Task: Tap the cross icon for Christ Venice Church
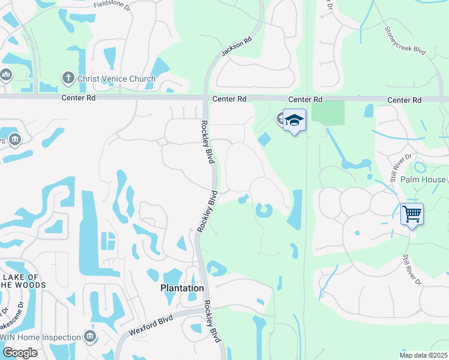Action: pyautogui.click(x=68, y=78)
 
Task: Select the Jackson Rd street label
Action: pyautogui.click(x=234, y=44)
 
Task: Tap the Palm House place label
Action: pyautogui.click(x=423, y=179)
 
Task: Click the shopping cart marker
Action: pyautogui.click(x=412, y=213)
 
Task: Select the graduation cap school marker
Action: pyautogui.click(x=294, y=119)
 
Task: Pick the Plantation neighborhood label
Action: pyautogui.click(x=182, y=288)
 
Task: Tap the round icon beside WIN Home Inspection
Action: pyautogui.click(x=91, y=336)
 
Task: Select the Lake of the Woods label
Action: pyautogui.click(x=22, y=281)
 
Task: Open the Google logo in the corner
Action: pyautogui.click(x=19, y=353)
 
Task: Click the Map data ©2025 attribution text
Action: pyautogui.click(x=423, y=355)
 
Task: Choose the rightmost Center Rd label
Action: pyautogui.click(x=404, y=100)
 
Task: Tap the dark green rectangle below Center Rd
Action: pyautogui.click(x=329, y=113)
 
